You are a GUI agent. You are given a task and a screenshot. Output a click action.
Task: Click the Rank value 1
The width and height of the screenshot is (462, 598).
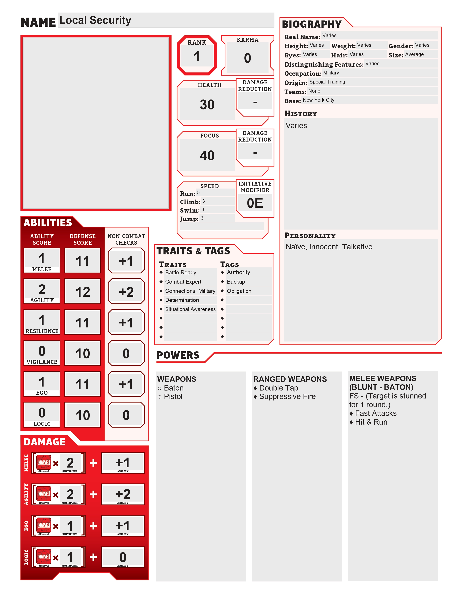tap(197, 57)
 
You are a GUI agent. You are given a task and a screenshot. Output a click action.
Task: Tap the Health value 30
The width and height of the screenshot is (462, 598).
tap(207, 105)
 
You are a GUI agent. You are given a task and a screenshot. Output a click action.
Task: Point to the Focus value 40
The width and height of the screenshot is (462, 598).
tap(207, 155)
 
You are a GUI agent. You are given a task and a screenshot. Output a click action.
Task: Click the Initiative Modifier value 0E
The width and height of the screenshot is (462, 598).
tap(255, 203)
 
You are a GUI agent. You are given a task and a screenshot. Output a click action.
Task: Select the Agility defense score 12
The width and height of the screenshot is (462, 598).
tap(83, 292)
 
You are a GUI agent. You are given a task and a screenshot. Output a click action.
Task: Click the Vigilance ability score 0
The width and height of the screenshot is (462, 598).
tap(42, 351)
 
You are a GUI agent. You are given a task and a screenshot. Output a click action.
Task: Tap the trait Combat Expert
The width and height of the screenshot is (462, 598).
tap(183, 282)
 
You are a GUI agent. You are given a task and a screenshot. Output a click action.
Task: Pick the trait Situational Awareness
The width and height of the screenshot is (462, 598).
tap(190, 309)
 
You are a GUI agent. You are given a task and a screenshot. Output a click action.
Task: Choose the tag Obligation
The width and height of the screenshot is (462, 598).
tap(239, 291)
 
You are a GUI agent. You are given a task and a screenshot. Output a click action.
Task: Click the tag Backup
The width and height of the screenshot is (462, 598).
tap(236, 282)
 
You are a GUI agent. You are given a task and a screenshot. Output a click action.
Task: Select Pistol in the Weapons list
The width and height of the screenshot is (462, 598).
tap(173, 396)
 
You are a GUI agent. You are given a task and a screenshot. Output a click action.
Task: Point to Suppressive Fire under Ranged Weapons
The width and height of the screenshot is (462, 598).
tap(287, 396)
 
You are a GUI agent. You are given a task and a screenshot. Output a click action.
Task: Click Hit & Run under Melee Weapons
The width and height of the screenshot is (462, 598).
tap(371, 422)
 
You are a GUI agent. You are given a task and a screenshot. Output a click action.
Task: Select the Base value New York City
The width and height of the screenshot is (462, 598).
tap(318, 100)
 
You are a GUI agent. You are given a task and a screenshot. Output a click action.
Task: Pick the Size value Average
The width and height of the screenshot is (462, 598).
tap(414, 55)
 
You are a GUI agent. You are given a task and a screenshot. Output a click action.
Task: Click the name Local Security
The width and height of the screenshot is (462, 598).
tap(95, 20)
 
